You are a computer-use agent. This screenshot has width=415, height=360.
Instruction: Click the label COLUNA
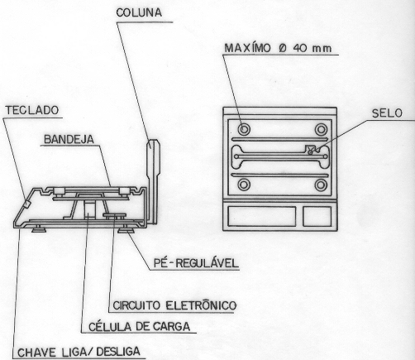coord(139,12)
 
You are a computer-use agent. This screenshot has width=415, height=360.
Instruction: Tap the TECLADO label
coord(32,110)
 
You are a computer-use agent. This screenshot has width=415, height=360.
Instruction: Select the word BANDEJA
coord(69,139)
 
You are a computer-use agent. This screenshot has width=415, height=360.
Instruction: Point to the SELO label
coord(387,113)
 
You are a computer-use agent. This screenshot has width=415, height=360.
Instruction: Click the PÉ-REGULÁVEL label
coord(196,263)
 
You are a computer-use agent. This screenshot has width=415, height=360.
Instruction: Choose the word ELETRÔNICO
coord(201,305)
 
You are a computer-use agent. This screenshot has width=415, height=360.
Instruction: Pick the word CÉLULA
coord(110,327)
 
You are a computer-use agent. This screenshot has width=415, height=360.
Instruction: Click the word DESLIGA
coord(118,352)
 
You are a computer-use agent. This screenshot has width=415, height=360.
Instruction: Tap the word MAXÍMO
coord(247,48)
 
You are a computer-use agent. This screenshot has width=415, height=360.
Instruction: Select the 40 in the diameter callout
coord(300,49)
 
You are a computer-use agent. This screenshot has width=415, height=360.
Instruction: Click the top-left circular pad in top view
coord(244,129)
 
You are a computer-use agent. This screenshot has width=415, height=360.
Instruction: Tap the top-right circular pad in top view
coord(321,129)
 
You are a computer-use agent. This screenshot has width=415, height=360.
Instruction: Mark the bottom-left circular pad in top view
coord(244,185)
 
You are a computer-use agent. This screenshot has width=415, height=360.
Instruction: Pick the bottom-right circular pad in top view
coord(321,185)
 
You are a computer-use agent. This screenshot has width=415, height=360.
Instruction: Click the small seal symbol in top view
coord(311,151)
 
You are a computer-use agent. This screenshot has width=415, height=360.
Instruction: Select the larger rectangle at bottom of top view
coord(261,216)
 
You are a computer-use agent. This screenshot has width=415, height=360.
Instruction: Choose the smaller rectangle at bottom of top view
coord(317,216)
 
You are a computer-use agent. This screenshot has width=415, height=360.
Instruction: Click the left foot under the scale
coord(39,228)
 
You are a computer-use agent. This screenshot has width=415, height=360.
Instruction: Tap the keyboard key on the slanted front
coord(26,204)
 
